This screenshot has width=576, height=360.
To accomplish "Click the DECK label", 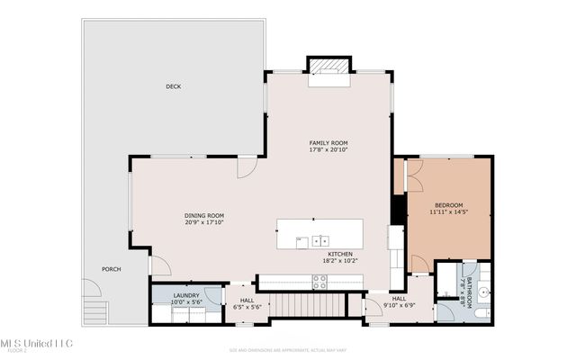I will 173,87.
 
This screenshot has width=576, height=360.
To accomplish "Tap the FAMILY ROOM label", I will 328,143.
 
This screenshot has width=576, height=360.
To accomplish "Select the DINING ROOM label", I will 204,216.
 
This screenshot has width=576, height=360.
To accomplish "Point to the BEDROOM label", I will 448,205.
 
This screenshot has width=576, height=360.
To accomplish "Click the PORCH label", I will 111,269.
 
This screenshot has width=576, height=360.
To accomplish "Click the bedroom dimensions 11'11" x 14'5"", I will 448,212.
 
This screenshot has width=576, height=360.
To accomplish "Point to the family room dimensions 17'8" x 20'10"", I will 328,150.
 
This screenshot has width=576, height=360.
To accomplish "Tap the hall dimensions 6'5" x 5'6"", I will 246,307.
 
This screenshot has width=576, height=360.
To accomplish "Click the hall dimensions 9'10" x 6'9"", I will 399,305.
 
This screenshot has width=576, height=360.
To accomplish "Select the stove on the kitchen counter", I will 319,281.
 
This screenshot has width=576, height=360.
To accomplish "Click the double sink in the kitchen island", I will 322,241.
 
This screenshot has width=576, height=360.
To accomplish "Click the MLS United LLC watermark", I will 36,343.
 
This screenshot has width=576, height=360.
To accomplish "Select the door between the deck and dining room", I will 246,168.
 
